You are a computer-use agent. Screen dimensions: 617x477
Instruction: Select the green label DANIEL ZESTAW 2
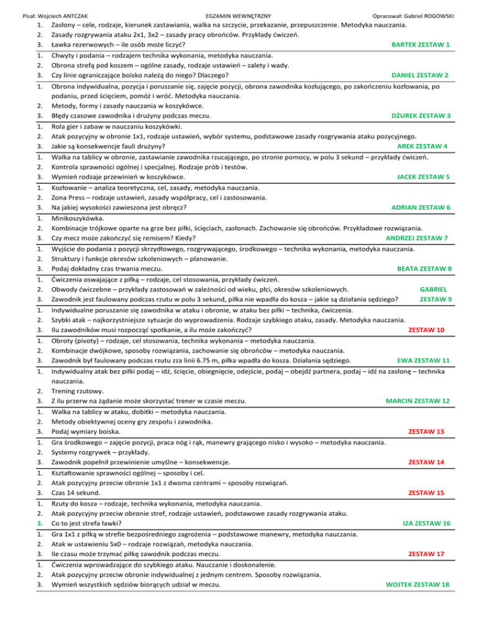tap(417, 75)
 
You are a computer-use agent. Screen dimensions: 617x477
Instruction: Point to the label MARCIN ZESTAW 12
tap(417, 400)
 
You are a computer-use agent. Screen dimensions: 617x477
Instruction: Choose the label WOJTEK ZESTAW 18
tap(417, 584)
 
